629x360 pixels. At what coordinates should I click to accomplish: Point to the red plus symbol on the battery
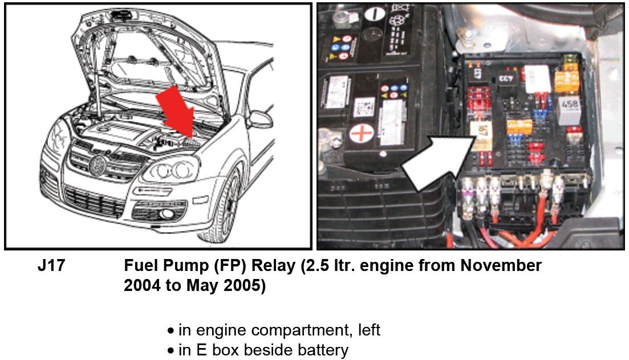pyautogui.click(x=362, y=134)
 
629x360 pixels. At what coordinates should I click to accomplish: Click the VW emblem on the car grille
pyautogui.click(x=97, y=165)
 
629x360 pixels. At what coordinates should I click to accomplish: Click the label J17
pyautogui.click(x=51, y=266)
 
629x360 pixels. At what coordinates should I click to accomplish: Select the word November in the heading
pyautogui.click(x=501, y=266)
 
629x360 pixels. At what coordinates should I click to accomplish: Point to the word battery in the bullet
pyautogui.click(x=323, y=350)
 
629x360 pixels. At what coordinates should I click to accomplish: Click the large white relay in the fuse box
pyautogui.click(x=538, y=79)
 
